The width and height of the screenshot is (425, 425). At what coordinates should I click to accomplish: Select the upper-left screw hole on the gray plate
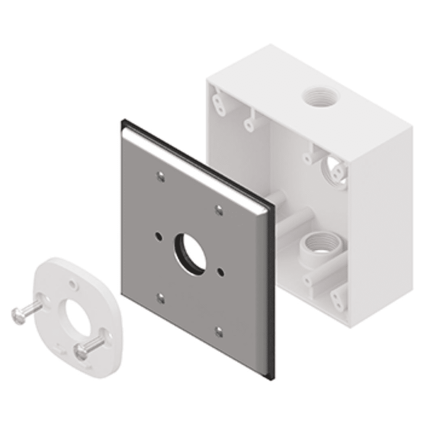160,176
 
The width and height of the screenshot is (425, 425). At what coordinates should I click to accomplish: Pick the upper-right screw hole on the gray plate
219,209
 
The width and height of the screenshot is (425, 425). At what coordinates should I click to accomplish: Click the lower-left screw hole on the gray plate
160,298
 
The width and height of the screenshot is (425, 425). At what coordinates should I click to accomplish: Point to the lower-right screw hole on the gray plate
219,332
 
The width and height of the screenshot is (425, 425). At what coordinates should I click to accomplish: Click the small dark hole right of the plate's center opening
220,271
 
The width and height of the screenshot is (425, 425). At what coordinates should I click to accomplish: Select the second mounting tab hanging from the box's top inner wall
251,120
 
